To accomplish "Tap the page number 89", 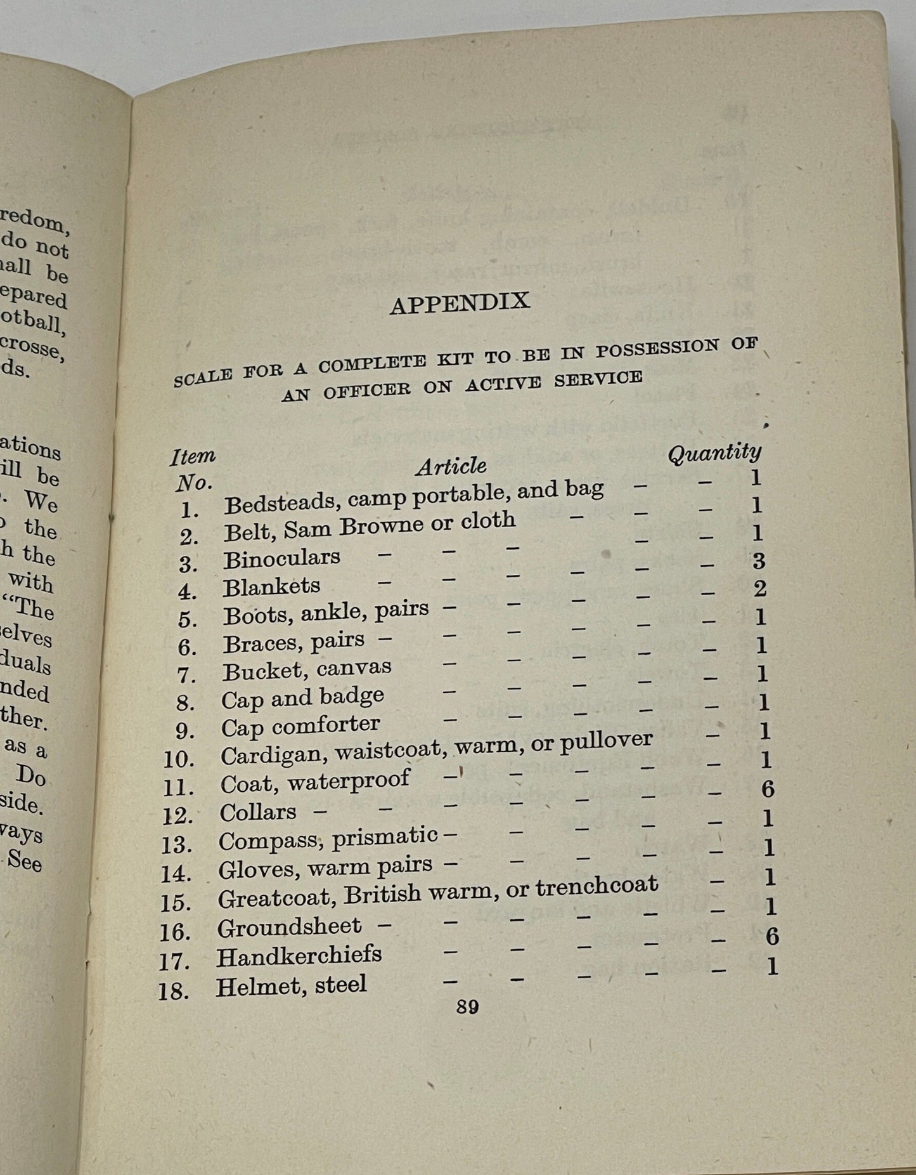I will [x=467, y=1007].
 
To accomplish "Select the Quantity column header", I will [x=714, y=452].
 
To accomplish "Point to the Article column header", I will [x=451, y=466].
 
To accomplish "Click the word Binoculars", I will [x=281, y=558].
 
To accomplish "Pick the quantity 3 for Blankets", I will [x=758, y=560].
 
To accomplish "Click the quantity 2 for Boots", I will [x=759, y=588].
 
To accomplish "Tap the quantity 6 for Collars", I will [x=768, y=789].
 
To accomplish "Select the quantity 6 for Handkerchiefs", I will [x=771, y=936].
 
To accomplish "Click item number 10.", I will [x=178, y=759].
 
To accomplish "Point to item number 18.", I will [x=173, y=990].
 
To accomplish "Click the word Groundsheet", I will [x=289, y=927].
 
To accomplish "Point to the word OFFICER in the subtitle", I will [x=366, y=390].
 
